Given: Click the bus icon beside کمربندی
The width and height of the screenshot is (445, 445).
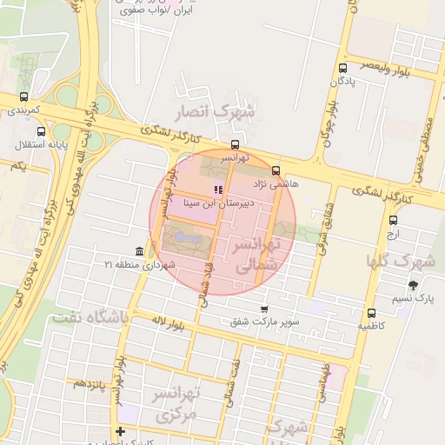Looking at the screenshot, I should tap(23, 97).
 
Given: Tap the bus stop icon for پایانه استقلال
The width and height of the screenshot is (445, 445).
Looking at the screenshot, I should tap(18, 129).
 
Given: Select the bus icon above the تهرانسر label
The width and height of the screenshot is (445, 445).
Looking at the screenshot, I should tap(236, 145).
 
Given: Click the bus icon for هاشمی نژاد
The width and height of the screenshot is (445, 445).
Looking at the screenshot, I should tap(276, 171).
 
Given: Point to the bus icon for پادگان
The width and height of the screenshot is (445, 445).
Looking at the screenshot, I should tap(342, 68).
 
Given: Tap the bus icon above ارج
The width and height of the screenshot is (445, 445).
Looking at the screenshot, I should tap(393, 220).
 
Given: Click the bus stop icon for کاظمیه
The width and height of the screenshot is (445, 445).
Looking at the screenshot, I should tap(372, 313).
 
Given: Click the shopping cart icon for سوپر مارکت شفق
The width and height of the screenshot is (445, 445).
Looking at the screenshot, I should tap(264, 309).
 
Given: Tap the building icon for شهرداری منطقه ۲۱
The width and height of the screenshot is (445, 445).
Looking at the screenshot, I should tap(140, 250).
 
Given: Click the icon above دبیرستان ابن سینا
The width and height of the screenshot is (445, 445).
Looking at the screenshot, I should tap(217, 189).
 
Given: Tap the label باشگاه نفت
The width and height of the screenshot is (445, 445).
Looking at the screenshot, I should tap(89, 317).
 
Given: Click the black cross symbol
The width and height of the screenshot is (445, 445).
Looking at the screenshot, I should tap(120, 432).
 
